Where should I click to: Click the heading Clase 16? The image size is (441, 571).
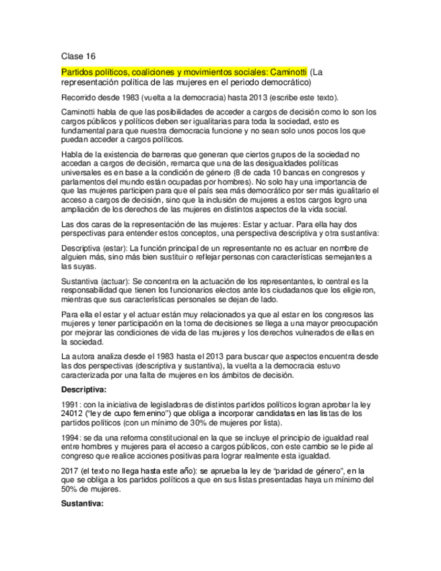[x=78, y=57]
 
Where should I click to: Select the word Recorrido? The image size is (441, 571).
[x=79, y=97]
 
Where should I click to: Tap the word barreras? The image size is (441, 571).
[x=172, y=155]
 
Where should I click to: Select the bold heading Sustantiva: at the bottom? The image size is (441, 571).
[x=82, y=503]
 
